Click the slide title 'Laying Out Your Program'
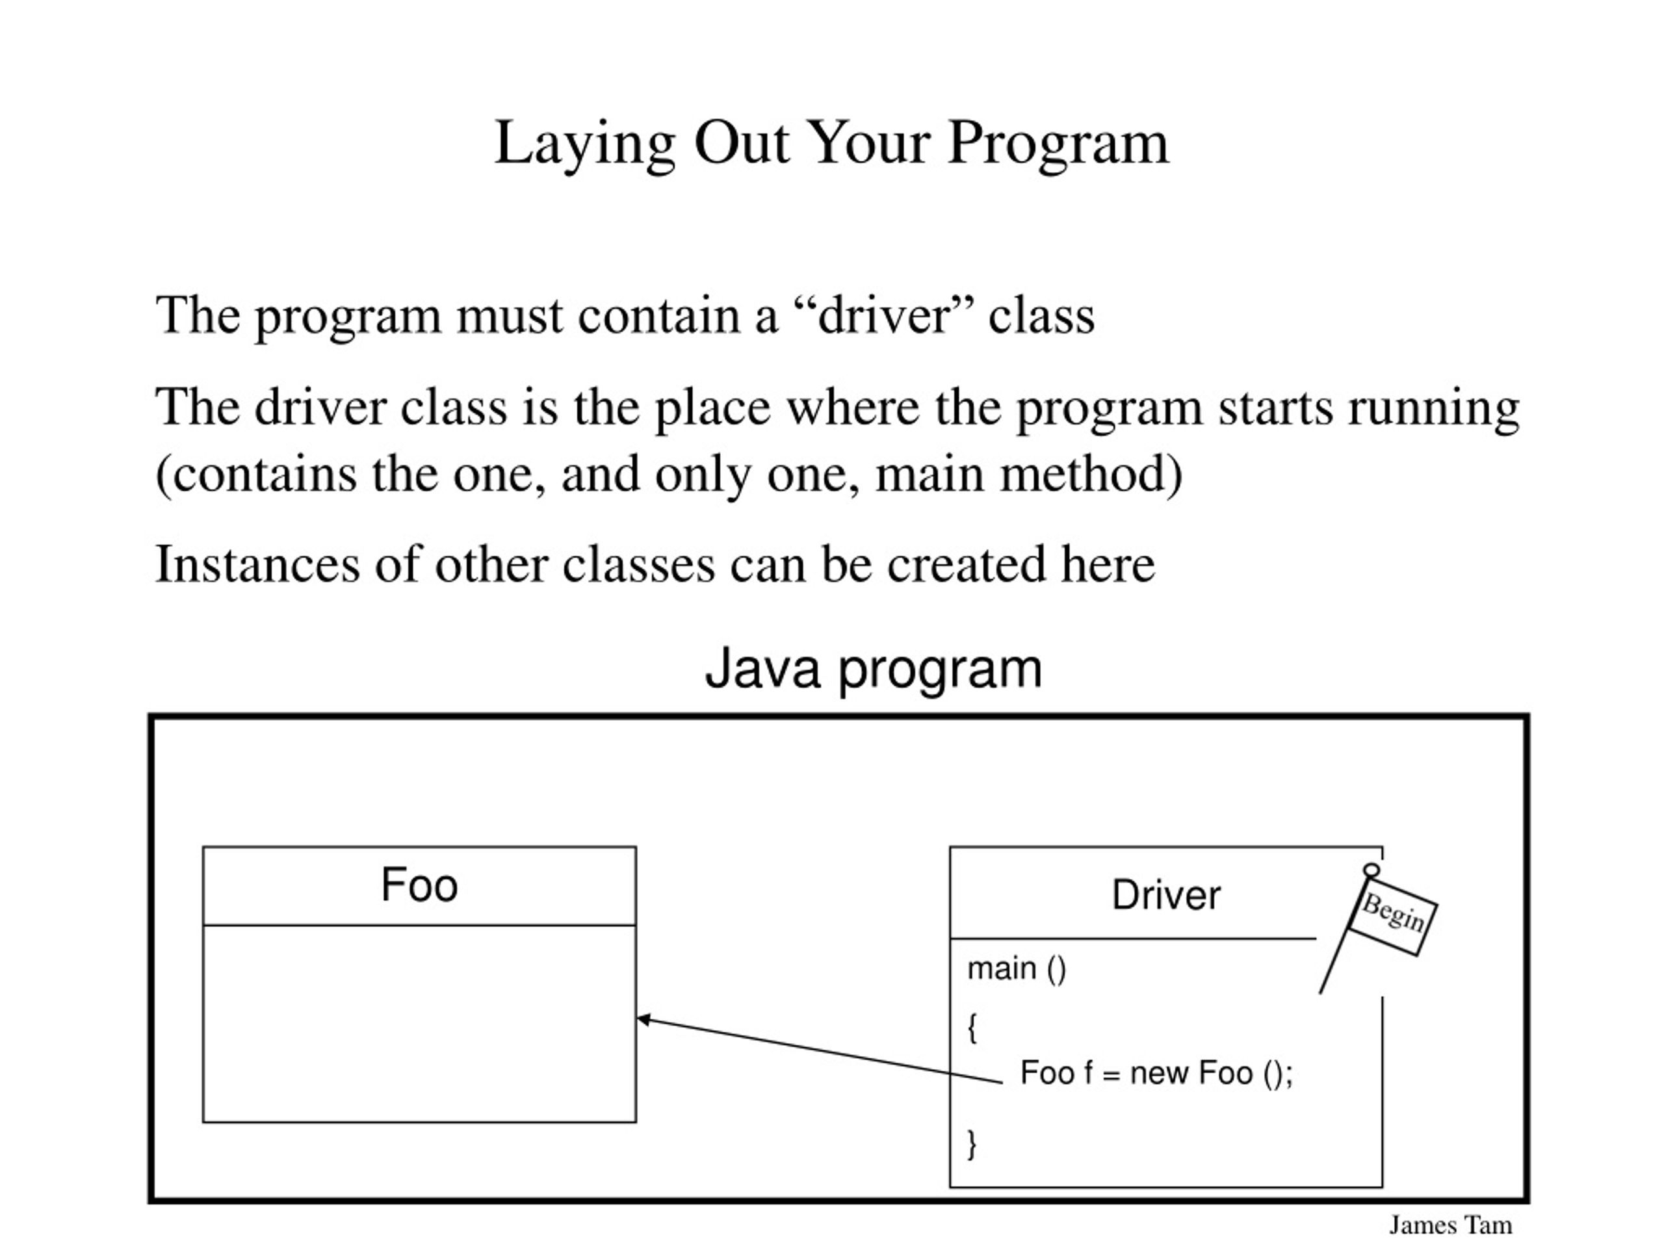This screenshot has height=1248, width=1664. (831, 144)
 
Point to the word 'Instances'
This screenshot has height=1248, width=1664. (257, 564)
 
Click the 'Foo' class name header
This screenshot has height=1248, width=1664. (419, 885)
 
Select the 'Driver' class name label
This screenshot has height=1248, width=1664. (1166, 895)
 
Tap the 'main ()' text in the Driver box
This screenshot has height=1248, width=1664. (1017, 970)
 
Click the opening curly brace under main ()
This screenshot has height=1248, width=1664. (972, 1028)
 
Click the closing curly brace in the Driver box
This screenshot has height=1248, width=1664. (972, 1144)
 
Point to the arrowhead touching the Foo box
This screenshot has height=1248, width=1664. (644, 1019)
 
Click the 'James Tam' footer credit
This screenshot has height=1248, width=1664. (1450, 1225)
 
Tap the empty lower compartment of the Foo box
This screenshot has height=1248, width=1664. (419, 1024)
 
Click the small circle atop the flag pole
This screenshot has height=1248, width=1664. (1372, 870)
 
